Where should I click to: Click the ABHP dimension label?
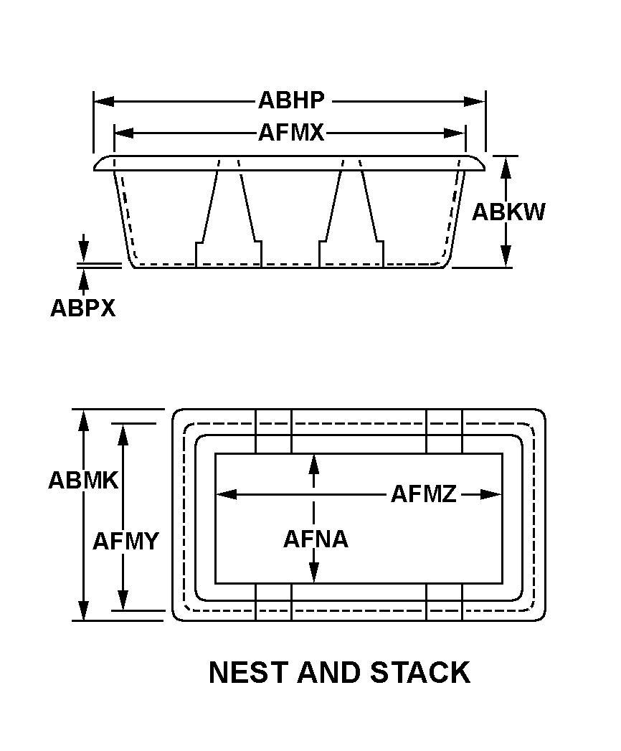tap(291, 100)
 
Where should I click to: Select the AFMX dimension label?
tap(291, 133)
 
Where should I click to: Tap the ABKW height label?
tap(508, 212)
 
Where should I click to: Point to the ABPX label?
tap(82, 308)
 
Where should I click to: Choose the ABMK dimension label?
tap(82, 480)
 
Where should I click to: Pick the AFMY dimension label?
tap(125, 541)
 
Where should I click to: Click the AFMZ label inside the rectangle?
tap(423, 494)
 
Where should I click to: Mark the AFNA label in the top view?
tap(316, 539)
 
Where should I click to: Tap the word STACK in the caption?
tap(420, 673)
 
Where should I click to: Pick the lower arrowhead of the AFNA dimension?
tap(313, 573)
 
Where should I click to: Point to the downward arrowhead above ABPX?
tap(84, 253)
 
